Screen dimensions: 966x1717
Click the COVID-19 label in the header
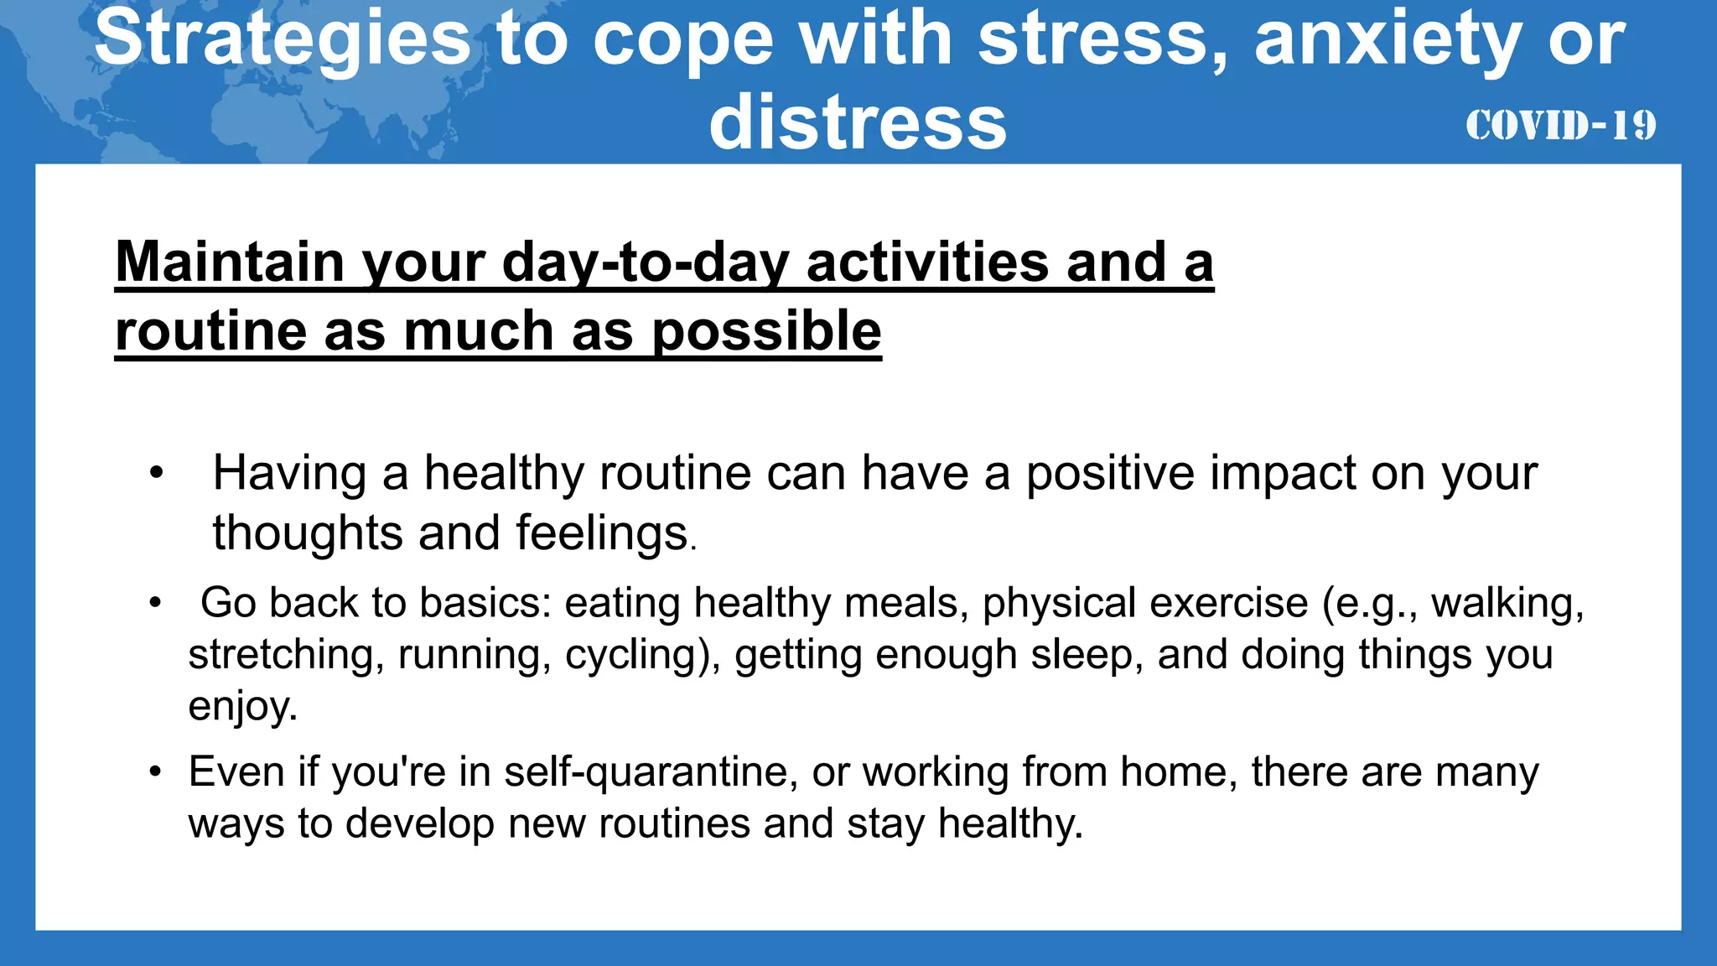coord(1560,126)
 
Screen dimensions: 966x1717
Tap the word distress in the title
coord(857,123)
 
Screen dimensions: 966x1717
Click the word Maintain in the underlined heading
coord(230,262)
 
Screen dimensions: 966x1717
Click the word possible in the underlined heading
coord(766,330)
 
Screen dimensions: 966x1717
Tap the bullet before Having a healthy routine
coord(156,474)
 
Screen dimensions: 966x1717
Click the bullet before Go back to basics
coord(155,604)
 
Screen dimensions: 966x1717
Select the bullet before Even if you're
coord(155,772)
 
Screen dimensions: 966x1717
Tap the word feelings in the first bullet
coord(602,533)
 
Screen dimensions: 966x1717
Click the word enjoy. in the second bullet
coord(243,706)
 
